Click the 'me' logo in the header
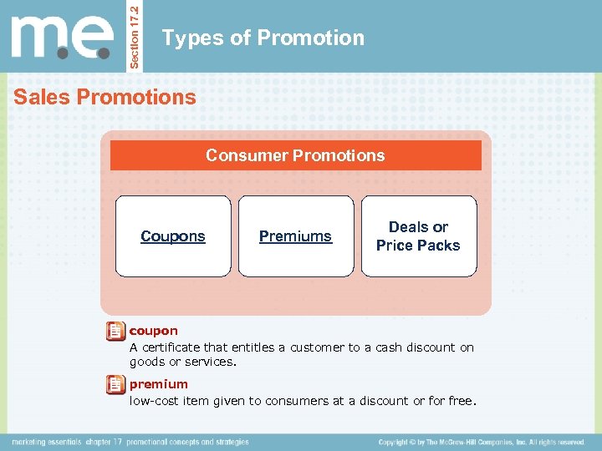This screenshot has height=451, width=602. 62,37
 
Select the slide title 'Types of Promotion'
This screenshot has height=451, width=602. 263,38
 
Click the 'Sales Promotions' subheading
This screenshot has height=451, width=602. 105,97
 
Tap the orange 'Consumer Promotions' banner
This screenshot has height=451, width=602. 295,155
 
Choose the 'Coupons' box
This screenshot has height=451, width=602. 172,236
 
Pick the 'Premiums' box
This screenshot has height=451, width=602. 295,236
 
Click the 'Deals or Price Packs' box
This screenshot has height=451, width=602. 418,236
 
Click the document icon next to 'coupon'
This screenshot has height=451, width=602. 115,332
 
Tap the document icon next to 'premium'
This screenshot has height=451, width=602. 115,385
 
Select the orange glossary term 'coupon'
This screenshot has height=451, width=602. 153,331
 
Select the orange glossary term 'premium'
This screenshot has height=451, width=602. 158,384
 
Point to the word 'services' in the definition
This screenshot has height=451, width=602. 212,362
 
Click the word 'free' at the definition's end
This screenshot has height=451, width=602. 461,401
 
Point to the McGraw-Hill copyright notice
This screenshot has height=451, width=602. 481,442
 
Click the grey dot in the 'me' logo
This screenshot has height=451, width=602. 62,54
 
